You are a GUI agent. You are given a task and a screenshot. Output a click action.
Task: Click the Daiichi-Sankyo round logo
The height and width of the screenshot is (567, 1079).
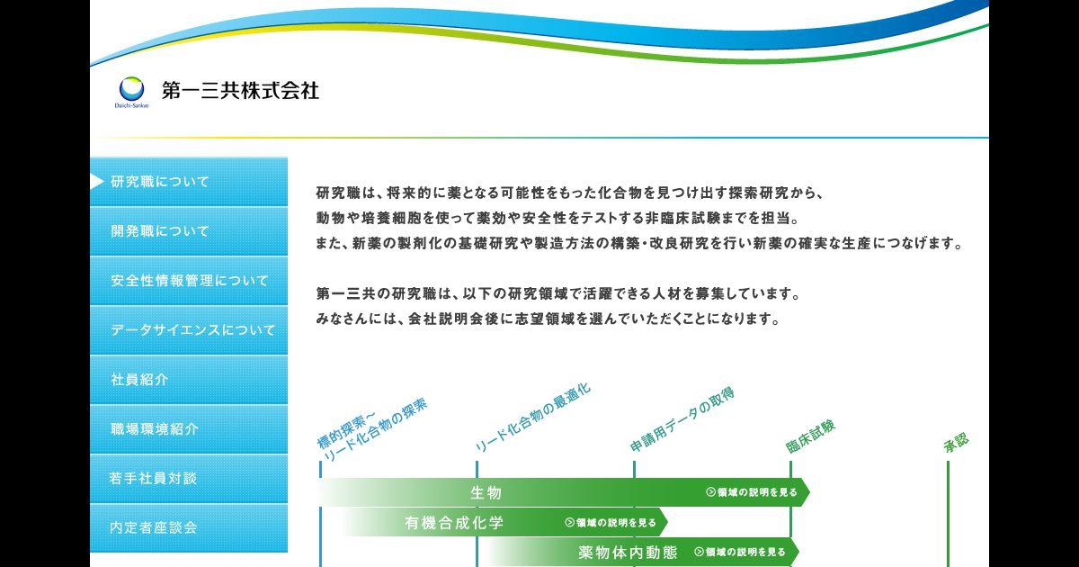pos(131,89)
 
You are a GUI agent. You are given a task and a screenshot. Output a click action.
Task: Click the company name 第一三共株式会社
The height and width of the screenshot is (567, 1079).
pos(240,91)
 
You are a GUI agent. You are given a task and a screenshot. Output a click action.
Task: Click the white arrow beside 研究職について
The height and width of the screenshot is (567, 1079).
pos(97,181)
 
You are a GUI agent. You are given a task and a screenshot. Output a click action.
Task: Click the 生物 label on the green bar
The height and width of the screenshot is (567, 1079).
pos(486,493)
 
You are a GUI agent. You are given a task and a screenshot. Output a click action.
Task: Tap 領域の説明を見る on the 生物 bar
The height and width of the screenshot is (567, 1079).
pos(752,492)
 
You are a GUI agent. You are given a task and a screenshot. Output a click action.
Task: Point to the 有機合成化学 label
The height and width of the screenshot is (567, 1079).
pos(454,523)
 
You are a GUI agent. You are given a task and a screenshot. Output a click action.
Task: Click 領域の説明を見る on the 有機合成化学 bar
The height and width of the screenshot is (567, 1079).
pos(611,523)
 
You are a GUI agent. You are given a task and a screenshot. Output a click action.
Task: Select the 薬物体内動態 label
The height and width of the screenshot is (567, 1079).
pos(629,552)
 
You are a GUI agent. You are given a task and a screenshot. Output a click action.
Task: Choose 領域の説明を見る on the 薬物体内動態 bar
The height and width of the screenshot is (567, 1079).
pos(740,552)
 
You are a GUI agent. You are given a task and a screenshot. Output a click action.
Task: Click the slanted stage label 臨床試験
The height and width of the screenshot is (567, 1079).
pos(811,436)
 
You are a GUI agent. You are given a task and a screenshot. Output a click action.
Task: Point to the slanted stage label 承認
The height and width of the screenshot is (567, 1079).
pos(956,443)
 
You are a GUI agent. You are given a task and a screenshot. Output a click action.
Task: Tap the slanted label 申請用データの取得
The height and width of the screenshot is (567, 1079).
pos(682,419)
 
